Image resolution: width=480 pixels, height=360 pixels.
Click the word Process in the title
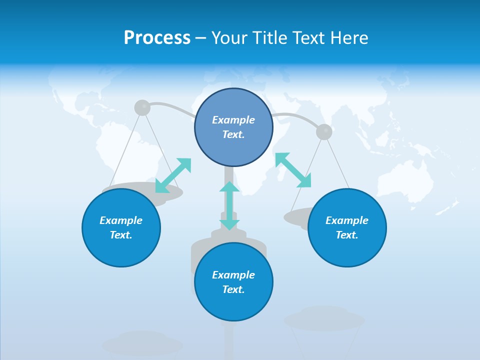(157, 38)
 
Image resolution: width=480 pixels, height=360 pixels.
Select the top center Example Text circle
(233, 127)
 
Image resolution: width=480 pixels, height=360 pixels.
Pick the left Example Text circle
(121, 227)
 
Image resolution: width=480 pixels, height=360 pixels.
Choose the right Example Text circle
(347, 227)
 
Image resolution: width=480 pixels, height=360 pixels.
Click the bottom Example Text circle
(233, 282)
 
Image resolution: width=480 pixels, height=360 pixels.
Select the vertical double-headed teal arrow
(229, 205)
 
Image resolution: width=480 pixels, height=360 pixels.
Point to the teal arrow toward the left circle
(173, 175)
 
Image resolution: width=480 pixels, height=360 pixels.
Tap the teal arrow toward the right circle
(293, 170)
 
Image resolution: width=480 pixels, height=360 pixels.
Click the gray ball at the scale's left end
(142, 107)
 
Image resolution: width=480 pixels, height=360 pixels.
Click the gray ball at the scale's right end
(324, 132)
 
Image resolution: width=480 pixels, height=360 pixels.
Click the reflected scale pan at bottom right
(324, 319)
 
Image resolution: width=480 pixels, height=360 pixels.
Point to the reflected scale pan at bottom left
(142, 343)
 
